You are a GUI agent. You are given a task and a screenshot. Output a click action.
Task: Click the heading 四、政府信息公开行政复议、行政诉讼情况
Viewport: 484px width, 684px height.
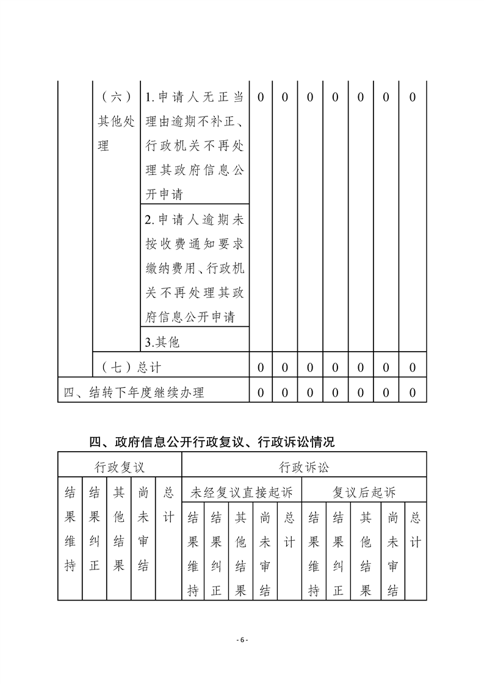pos(212,442)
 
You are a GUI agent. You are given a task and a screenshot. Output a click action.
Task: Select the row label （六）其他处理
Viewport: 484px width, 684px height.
pos(116,122)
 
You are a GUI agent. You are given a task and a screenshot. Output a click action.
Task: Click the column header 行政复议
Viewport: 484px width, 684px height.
pos(120,468)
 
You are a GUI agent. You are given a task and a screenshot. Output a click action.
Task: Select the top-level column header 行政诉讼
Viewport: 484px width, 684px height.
pos(303,468)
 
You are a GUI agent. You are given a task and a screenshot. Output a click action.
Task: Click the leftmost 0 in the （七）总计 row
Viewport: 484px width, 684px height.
pos(261,367)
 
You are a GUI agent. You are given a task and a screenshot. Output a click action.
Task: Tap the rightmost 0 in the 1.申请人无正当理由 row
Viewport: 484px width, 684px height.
pos(413,98)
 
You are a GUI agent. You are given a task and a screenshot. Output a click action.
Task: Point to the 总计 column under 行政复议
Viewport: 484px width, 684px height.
pos(169,505)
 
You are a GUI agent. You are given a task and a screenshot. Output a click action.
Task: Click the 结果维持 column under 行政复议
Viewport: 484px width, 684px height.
pos(70,529)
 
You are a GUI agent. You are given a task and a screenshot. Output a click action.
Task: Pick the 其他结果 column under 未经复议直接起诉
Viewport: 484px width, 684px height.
pos(241,554)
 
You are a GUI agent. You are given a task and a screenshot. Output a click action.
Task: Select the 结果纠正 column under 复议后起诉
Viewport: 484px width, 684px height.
pos(338,554)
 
